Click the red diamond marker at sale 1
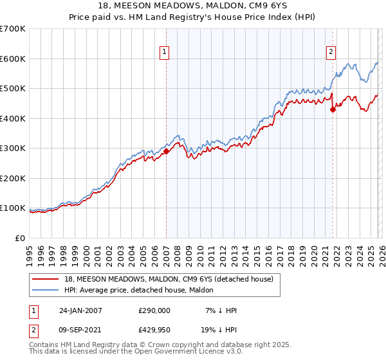[x=166, y=152]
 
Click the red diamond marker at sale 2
[x=333, y=110]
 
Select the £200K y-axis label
[x=13, y=178]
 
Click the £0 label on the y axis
[x=21, y=238]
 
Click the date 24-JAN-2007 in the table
[x=80, y=310]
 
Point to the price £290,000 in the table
[x=154, y=310]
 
